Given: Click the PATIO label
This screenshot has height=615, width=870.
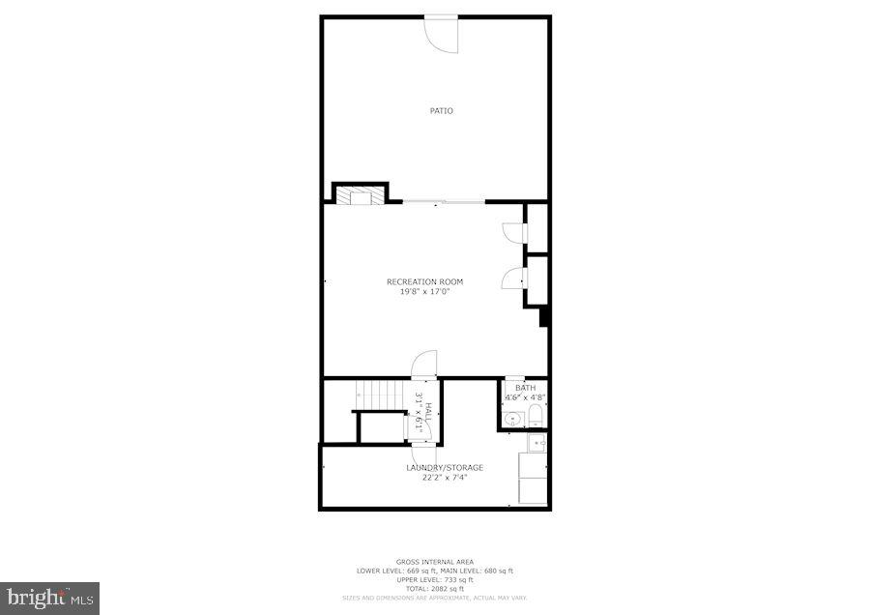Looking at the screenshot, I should (441, 111).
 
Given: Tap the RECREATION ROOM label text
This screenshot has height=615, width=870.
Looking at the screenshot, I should (424, 282).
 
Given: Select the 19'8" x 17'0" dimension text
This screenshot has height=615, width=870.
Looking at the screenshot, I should (424, 291).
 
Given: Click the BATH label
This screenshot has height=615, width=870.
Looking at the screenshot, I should (524, 388).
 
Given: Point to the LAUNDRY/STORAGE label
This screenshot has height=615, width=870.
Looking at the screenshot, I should (444, 468).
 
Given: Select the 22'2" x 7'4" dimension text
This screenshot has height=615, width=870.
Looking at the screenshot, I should (444, 477).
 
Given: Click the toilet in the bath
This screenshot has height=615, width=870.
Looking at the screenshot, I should (536, 417).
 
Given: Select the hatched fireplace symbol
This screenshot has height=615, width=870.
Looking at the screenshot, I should (360, 195).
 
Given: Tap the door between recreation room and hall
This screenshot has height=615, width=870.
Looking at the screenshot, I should (424, 365).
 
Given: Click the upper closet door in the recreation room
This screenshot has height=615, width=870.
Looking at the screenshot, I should (513, 233).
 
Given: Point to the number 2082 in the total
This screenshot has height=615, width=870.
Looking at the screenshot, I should (442, 589).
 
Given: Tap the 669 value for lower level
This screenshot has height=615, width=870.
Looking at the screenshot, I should (409, 571).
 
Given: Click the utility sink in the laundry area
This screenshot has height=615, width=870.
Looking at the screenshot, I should (535, 443).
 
